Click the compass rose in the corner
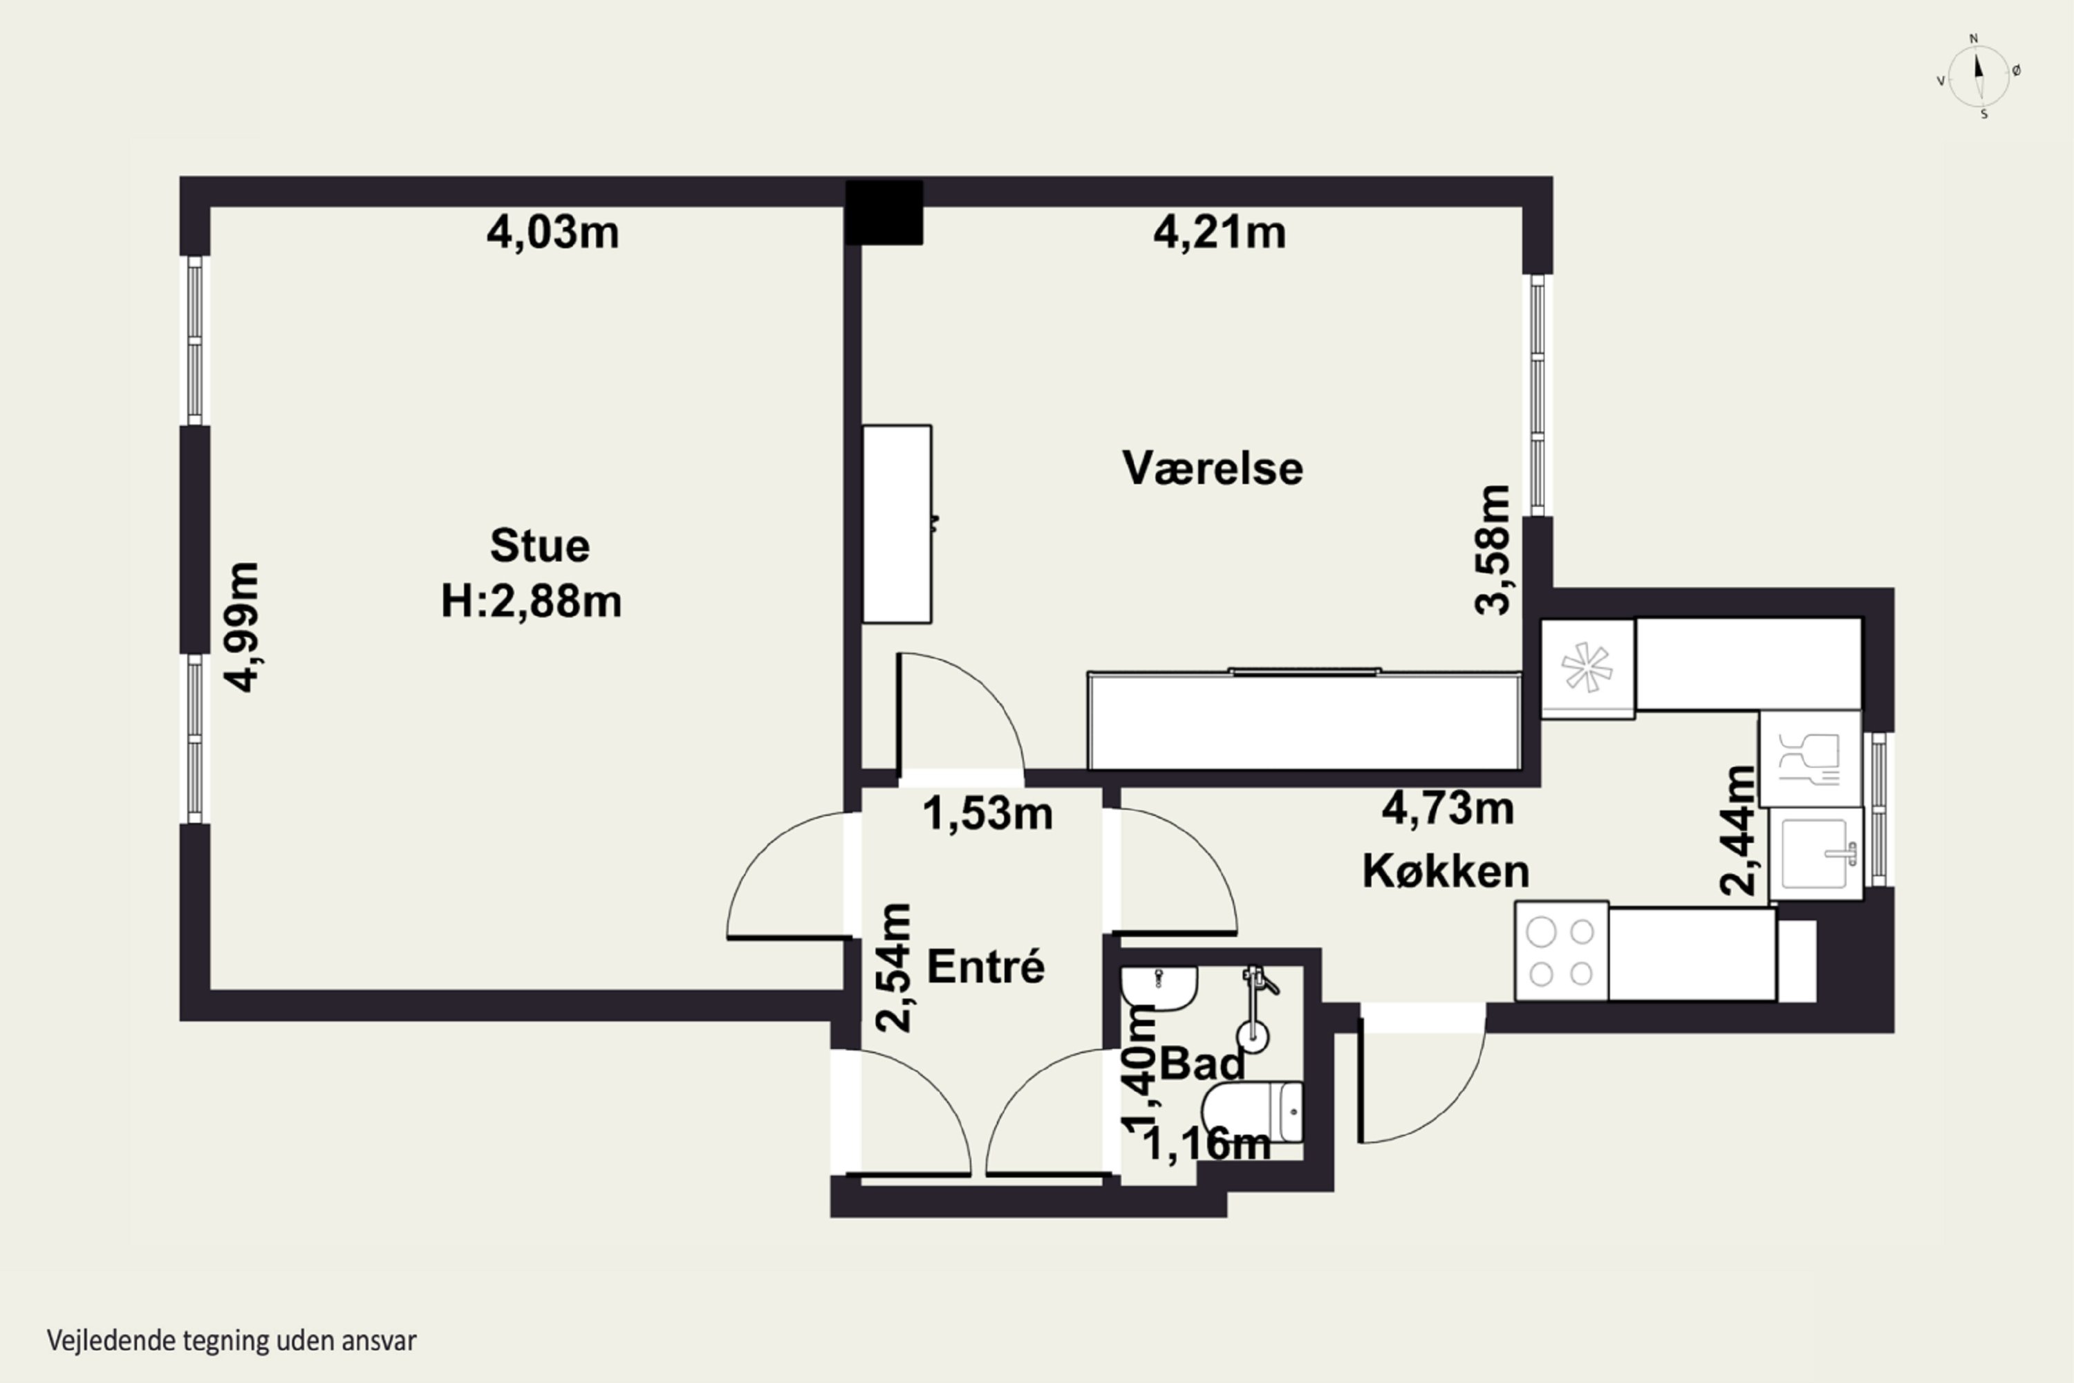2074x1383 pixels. point(1979,77)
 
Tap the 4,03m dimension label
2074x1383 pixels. point(553,233)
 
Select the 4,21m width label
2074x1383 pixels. point(1220,233)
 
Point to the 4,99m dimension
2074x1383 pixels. point(241,627)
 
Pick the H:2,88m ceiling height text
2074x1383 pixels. point(532,602)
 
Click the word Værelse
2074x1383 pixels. point(1213,468)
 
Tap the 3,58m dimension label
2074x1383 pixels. point(1493,550)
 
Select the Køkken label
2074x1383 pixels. point(1446,871)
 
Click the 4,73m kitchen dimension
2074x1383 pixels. point(1448,808)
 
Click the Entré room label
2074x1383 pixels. point(986,967)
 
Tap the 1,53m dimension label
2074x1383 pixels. point(988,813)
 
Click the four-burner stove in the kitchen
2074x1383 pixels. point(1562,951)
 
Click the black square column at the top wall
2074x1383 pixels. point(884,212)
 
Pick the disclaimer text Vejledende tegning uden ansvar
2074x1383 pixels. point(231,1341)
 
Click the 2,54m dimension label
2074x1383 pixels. point(893,967)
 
